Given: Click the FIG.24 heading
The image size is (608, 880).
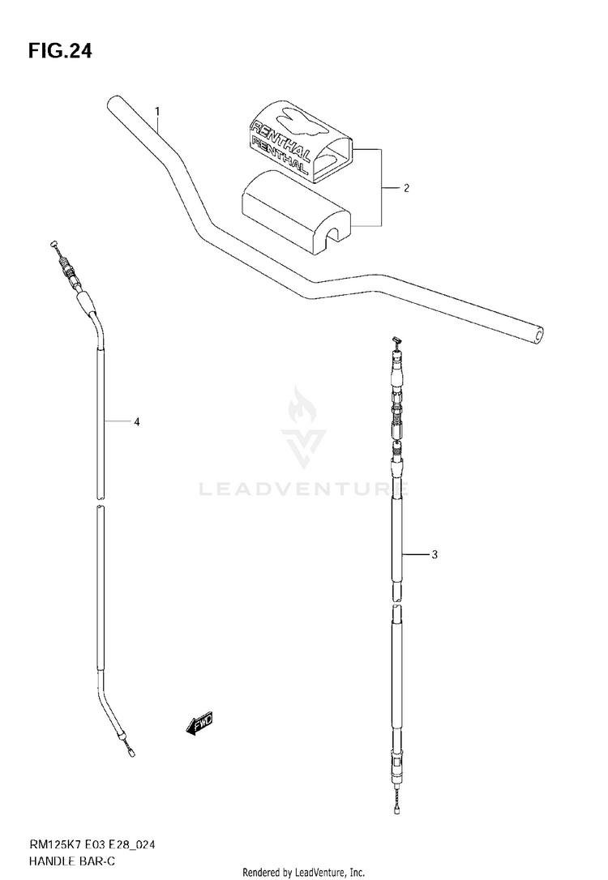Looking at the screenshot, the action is click(60, 51).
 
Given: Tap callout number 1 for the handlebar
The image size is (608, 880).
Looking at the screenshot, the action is click(157, 110).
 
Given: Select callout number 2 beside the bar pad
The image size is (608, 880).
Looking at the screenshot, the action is click(406, 188).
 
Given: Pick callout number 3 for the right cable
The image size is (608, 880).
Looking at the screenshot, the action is click(435, 555).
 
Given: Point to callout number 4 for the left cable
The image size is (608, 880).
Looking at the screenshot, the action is click(137, 421).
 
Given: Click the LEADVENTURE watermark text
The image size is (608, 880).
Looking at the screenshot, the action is click(304, 489).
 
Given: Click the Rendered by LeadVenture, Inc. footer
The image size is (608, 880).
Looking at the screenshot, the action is click(304, 872).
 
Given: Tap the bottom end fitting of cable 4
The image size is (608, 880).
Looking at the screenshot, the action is click(129, 752).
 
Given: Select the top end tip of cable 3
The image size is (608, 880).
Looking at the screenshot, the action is click(396, 341).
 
